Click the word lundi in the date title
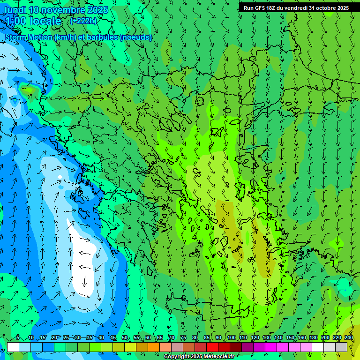tap(15, 10)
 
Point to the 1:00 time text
tap(15, 21)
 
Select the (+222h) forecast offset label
tap(83, 21)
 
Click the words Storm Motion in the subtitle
tap(29, 37)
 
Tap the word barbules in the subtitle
tap(104, 37)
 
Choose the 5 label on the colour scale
tap(18, 338)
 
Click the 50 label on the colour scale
tap(125, 338)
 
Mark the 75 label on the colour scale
tap(183, 338)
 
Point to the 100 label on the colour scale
tap(231, 338)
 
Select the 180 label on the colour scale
tap(313, 338)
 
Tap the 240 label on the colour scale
tap(348, 338)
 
